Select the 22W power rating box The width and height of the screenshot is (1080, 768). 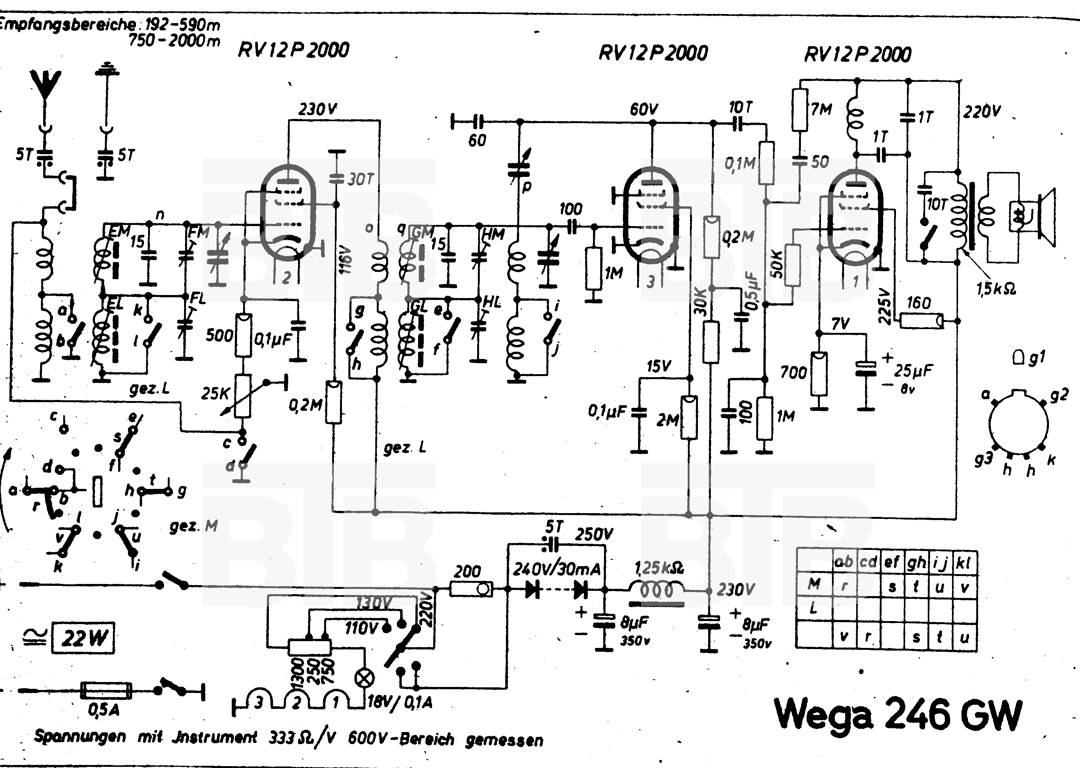[83, 638]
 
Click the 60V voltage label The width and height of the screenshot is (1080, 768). [643, 110]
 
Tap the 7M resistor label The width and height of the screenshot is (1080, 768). [821, 110]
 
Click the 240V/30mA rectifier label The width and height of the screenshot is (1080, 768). [557, 568]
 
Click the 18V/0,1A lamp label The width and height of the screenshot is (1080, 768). [400, 702]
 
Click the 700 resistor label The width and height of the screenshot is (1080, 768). [793, 373]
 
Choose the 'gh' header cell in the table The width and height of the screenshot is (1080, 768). [916, 562]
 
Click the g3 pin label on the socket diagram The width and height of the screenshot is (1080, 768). [983, 459]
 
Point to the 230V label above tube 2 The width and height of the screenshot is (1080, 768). [317, 110]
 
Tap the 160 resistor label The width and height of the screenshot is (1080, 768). [919, 303]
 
